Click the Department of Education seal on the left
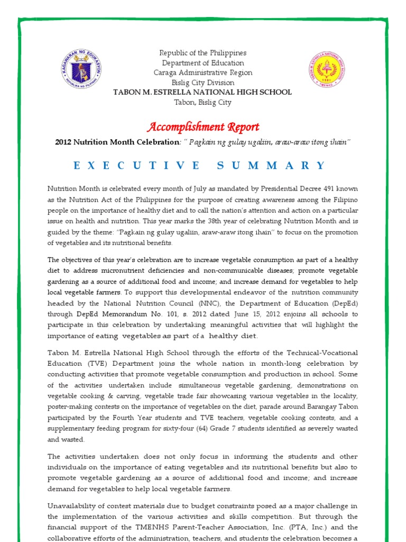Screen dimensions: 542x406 coord(81,73)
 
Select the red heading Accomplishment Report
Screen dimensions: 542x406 coord(203,127)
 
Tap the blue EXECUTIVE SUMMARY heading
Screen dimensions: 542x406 coord(200,166)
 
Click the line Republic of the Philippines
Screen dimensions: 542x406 coord(203,53)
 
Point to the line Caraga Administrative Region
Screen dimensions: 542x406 coord(203,73)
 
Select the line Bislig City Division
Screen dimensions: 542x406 coord(203,83)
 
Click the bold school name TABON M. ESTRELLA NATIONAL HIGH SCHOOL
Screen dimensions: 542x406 coord(203,92)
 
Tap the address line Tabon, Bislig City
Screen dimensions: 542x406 coord(203,102)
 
